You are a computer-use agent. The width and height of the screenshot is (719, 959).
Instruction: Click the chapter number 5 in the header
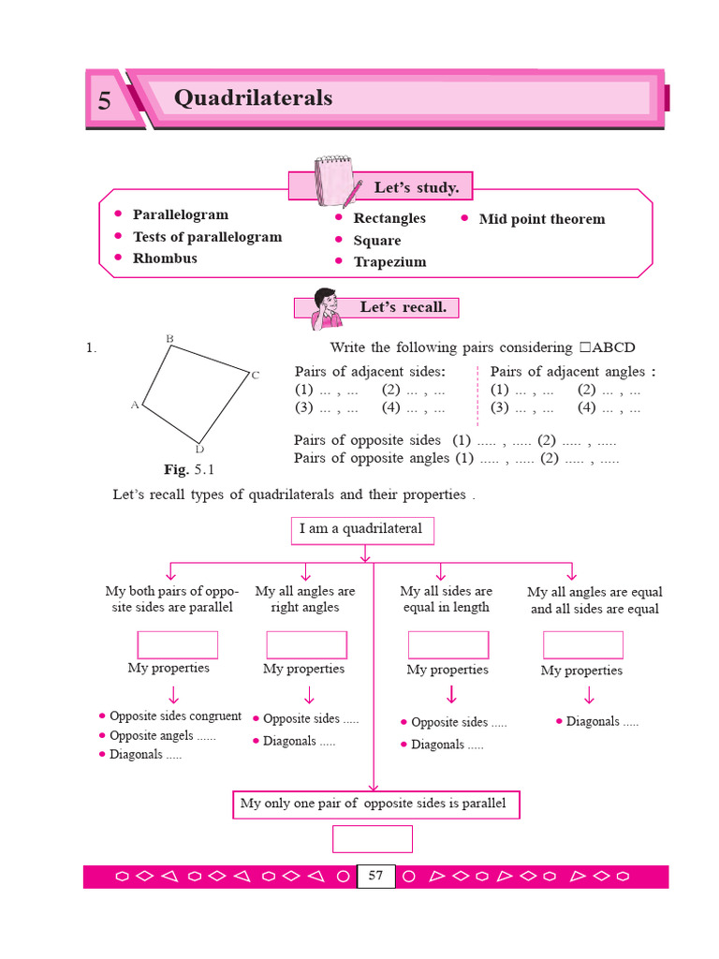point(104,101)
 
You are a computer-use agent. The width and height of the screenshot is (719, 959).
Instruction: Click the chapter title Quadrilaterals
point(253,98)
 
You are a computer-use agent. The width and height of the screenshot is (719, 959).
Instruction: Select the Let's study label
point(416,187)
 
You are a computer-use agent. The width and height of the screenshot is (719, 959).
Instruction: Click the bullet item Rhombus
point(165,258)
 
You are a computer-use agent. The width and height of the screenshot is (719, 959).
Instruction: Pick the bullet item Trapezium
point(389,262)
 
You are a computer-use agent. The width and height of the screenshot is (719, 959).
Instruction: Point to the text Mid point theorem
point(541,219)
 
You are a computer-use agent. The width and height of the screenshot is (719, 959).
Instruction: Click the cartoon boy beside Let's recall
point(326,308)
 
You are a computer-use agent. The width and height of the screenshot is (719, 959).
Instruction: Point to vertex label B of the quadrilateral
point(169,338)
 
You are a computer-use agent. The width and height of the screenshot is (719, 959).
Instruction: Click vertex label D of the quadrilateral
point(199,450)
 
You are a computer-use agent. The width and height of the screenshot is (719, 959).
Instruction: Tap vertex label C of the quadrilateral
point(255,376)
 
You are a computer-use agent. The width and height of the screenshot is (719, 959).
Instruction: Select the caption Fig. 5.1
point(189,469)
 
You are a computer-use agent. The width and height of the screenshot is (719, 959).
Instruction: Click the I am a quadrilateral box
point(361,530)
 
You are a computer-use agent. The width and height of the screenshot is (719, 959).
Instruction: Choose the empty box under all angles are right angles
point(306,644)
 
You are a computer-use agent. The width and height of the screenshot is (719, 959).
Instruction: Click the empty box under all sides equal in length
point(448,644)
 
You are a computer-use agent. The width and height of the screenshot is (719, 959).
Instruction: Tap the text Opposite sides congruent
point(175,716)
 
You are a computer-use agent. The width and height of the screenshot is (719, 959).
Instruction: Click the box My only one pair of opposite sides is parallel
point(374,804)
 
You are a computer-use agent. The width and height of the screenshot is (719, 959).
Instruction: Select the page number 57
point(375,877)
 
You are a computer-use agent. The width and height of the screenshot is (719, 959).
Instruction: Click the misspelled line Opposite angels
point(162,736)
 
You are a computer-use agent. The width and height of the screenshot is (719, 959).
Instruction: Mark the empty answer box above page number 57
point(373,839)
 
